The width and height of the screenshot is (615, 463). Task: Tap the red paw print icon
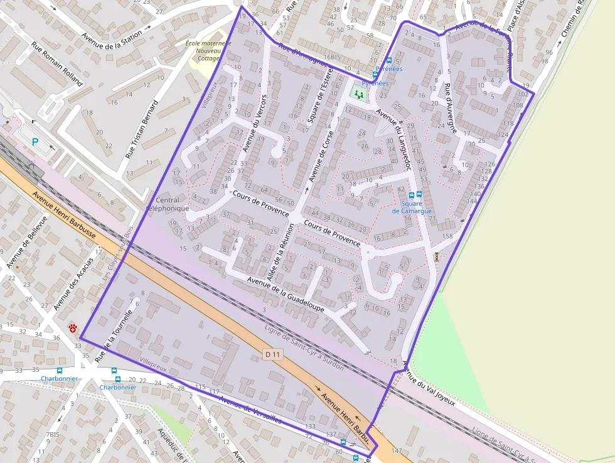pos(73,328)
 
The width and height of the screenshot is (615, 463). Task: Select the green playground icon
pos(359,94)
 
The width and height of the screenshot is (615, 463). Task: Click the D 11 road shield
pos(272,356)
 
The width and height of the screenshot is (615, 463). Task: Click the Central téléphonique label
pos(167,204)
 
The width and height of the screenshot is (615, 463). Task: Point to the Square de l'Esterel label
pos(314,104)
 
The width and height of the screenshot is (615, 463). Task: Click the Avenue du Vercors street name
pos(255,124)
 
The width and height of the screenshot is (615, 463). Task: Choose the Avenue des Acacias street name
pos(73,284)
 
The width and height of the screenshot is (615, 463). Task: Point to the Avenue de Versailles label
pos(250,410)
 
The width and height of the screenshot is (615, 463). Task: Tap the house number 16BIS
pos(336,57)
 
